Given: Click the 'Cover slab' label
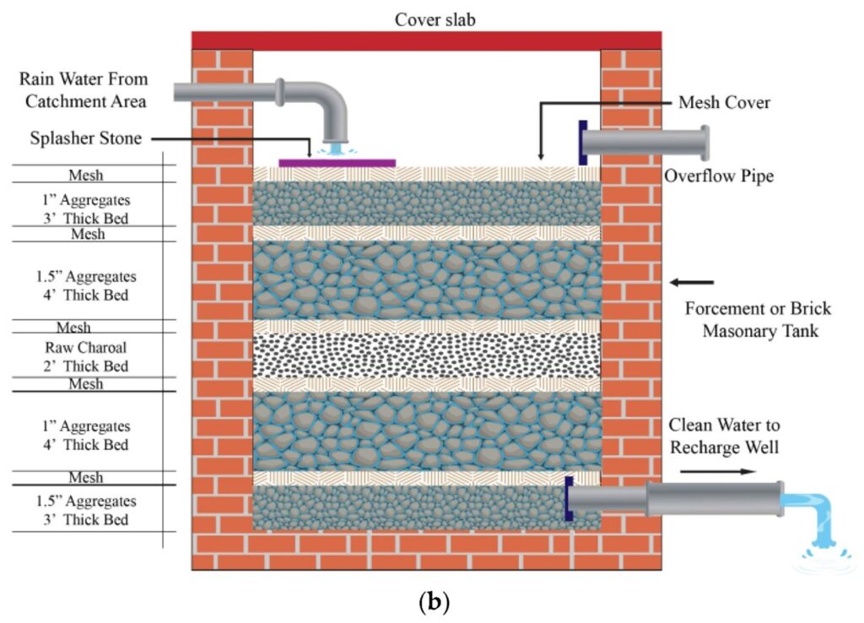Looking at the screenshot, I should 435,19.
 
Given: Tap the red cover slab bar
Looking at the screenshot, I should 426,41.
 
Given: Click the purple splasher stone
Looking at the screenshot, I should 337,162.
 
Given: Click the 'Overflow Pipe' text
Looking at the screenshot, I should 719,176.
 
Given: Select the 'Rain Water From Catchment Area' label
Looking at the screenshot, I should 85,90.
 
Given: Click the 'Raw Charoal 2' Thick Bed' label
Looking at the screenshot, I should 87,356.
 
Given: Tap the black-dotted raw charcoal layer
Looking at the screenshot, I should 426,355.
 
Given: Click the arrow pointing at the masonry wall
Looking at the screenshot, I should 691,282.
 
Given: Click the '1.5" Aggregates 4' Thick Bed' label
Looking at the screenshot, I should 87,286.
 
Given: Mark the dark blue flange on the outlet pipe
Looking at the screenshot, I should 570,498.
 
